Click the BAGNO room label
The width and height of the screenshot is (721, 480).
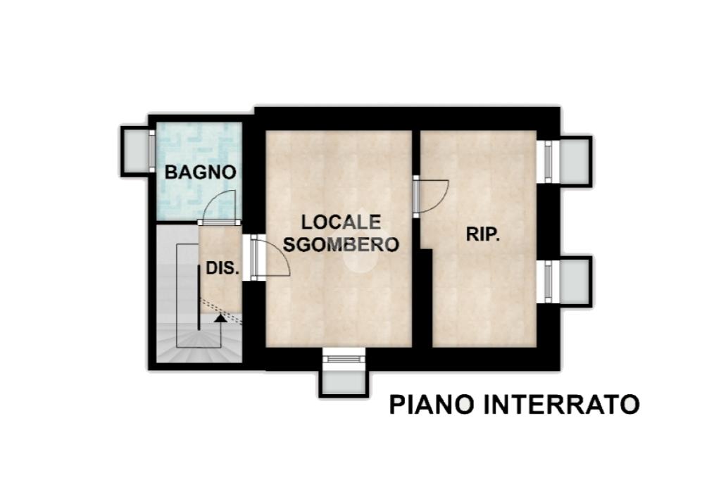[201, 172]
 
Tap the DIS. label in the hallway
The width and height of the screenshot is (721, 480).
[222, 268]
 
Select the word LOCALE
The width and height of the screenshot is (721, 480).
[341, 222]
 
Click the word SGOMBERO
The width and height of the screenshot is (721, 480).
[341, 244]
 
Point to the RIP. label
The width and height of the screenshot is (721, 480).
[483, 234]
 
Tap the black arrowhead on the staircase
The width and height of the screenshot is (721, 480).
[220, 317]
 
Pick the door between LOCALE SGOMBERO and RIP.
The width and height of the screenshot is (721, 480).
[430, 197]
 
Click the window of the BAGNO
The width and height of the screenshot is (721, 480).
[152, 151]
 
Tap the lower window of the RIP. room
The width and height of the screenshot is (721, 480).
[548, 282]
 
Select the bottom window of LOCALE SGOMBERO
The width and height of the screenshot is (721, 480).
[344, 359]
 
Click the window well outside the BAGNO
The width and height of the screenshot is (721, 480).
[135, 151]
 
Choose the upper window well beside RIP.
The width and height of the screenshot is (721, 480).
[575, 161]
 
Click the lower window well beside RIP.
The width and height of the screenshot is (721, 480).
[575, 282]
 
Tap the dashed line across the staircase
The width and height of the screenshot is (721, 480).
[220, 311]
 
